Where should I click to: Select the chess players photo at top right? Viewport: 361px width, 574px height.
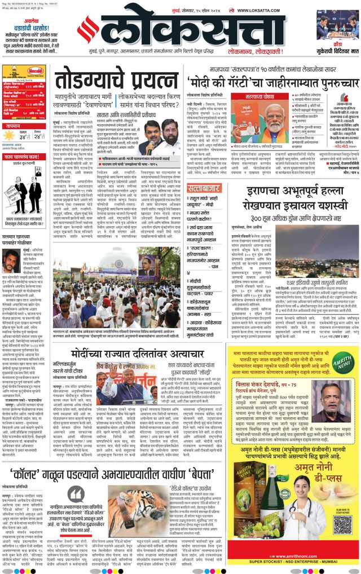tap(337, 24)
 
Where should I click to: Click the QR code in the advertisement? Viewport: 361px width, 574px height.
tap(342, 524)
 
